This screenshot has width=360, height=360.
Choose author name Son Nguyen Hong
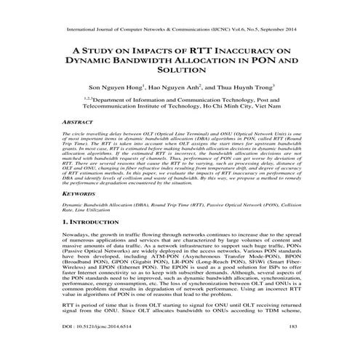click(x=116, y=86)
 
